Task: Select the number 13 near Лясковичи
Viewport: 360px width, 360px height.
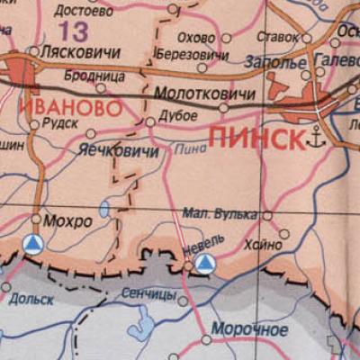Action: click(x=76, y=32)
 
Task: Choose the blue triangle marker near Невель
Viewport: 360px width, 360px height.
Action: click(x=206, y=263)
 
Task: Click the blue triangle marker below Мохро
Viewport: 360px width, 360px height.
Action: click(x=32, y=244)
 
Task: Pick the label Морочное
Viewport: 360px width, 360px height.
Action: click(x=251, y=329)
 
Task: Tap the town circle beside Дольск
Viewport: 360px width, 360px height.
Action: click(x=7, y=288)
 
